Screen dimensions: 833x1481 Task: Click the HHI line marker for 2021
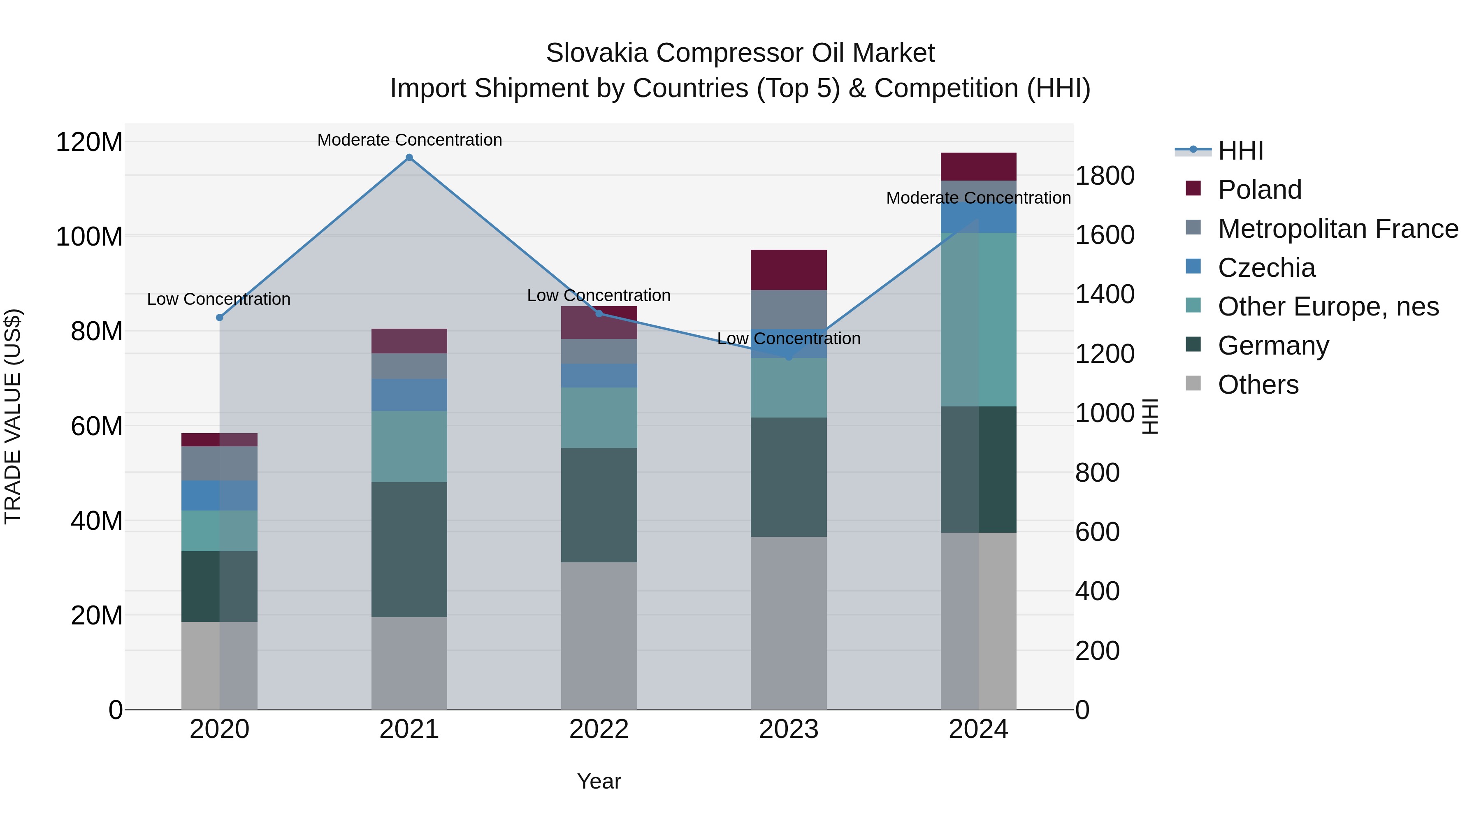pyautogui.click(x=409, y=158)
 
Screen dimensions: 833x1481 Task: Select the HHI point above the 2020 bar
pyautogui.click(x=219, y=317)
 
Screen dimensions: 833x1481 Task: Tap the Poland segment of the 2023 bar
pyautogui.click(x=788, y=269)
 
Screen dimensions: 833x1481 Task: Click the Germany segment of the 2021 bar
pyautogui.click(x=409, y=549)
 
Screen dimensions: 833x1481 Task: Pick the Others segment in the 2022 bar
pyautogui.click(x=599, y=635)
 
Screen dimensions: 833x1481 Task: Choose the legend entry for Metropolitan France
pyautogui.click(x=1337, y=229)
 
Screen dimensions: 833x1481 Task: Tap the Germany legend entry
pyautogui.click(x=1273, y=346)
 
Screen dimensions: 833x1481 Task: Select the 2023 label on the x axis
pyautogui.click(x=788, y=729)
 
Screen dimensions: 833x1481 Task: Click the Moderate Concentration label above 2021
pyautogui.click(x=409, y=140)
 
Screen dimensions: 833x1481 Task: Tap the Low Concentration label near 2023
pyautogui.click(x=788, y=339)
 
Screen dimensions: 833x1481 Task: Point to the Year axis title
pyautogui.click(x=599, y=781)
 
